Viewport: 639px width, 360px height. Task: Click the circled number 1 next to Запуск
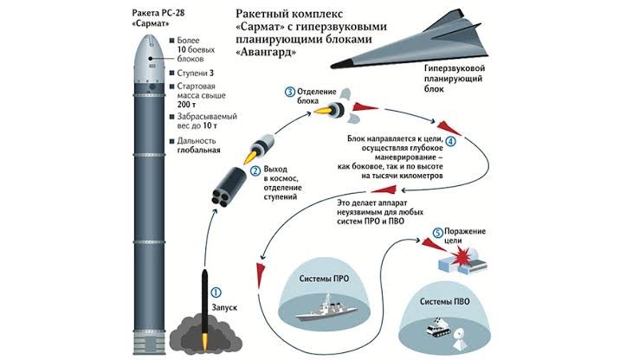[x=216, y=292]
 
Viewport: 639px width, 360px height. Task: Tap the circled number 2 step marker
[x=255, y=170]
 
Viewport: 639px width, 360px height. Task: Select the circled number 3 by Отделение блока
[x=290, y=92]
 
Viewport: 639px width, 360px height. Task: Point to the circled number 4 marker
[x=450, y=141]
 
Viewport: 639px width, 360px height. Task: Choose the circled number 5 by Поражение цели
[x=437, y=233]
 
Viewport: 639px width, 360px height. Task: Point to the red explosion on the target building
[x=461, y=257]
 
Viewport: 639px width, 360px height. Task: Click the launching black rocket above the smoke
[x=204, y=301]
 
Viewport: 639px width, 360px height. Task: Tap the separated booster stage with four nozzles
[x=229, y=187]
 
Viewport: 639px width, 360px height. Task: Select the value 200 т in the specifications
[x=187, y=105]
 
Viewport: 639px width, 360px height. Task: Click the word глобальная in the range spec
[x=198, y=150]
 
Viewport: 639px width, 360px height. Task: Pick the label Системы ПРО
[x=324, y=279]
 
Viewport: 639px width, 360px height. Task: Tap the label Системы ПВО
[x=444, y=301]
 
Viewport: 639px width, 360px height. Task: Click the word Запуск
[x=224, y=307]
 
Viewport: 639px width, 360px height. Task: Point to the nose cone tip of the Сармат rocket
[x=149, y=35]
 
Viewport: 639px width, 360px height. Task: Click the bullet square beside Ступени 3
[x=172, y=74]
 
